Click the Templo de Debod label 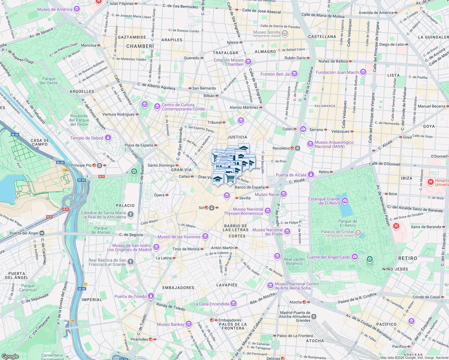coord(87,138)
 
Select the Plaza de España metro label coord(139,145)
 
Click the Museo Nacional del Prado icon coord(287,232)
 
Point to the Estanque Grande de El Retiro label coord(324,201)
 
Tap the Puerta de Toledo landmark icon coord(151,296)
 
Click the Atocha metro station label coord(295,302)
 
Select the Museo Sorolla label coord(267,32)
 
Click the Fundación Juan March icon coord(363,72)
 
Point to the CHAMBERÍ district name coord(140,46)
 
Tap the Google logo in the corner coord(10,356)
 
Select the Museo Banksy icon coord(188,324)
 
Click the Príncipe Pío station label coord(81,165)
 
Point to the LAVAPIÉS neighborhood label coord(227,285)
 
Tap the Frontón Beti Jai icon coord(294,74)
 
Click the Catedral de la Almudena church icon coord(130,214)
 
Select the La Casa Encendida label coord(211,304)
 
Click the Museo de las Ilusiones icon coord(205,236)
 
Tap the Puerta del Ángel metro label coord(24,233)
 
